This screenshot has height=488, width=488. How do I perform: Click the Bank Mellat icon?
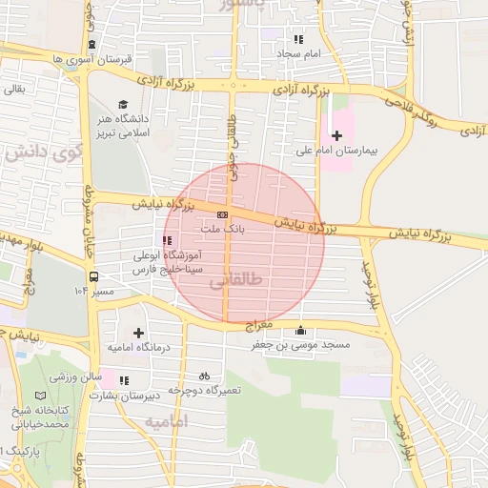click(222, 215)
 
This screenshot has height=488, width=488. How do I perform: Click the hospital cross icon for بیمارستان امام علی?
click(335, 136)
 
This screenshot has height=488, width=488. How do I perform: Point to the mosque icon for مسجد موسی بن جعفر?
click(302, 331)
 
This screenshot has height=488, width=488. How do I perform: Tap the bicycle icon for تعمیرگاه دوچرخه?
click(204, 376)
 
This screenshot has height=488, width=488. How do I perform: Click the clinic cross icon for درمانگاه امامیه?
click(139, 333)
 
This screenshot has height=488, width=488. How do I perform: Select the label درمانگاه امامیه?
click(139, 348)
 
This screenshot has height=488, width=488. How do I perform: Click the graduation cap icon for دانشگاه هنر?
click(122, 105)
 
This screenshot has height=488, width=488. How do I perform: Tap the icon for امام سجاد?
click(298, 40)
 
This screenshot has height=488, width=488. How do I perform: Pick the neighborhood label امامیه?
click(168, 420)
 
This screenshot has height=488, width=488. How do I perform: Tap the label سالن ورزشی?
click(71, 377)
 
